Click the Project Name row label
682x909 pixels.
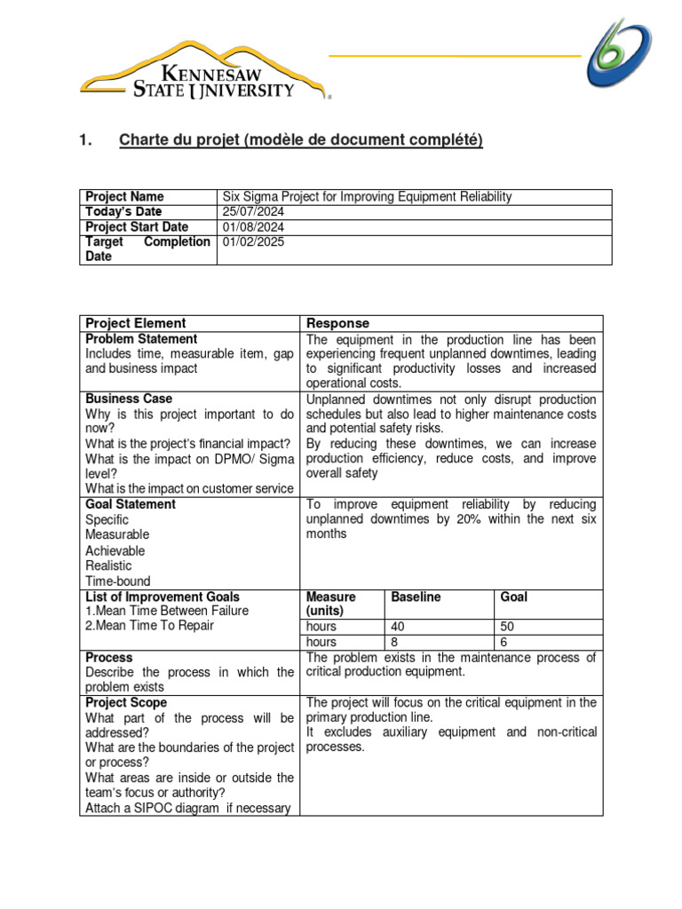pos(124,196)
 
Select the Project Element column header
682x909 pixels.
pos(135,323)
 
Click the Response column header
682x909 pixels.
pos(337,323)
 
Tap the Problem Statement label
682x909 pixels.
pos(141,339)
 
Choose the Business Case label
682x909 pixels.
pos(129,399)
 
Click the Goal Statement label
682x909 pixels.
pos(131,504)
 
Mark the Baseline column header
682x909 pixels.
pos(416,597)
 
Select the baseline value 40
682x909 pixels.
pos(398,627)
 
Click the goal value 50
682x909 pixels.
pos(508,627)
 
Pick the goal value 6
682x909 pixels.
pos(504,642)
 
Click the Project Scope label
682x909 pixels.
pos(126,702)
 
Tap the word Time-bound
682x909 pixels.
pos(118,581)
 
